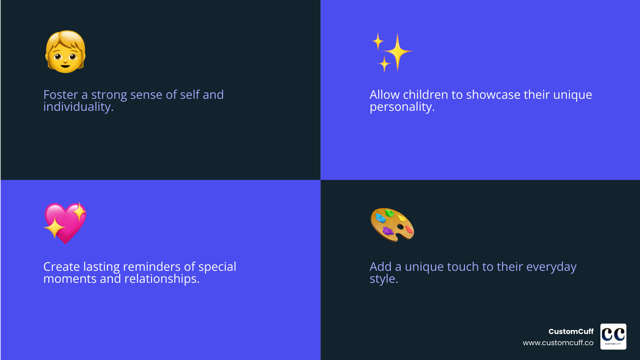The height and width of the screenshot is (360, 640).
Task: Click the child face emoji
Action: click(x=66, y=52)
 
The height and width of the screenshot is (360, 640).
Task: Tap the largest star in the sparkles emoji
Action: click(x=397, y=52)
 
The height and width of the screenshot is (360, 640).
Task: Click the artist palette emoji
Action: click(x=392, y=224)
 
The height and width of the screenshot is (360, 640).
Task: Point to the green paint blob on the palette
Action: click(x=389, y=213)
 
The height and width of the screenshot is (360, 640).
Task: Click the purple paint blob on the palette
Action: click(x=388, y=231)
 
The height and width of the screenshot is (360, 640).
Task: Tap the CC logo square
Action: click(x=613, y=336)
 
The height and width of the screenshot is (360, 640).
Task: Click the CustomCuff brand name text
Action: click(x=571, y=332)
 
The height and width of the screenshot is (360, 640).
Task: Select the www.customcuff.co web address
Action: click(x=558, y=343)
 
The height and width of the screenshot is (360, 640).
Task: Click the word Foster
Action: click(x=61, y=95)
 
